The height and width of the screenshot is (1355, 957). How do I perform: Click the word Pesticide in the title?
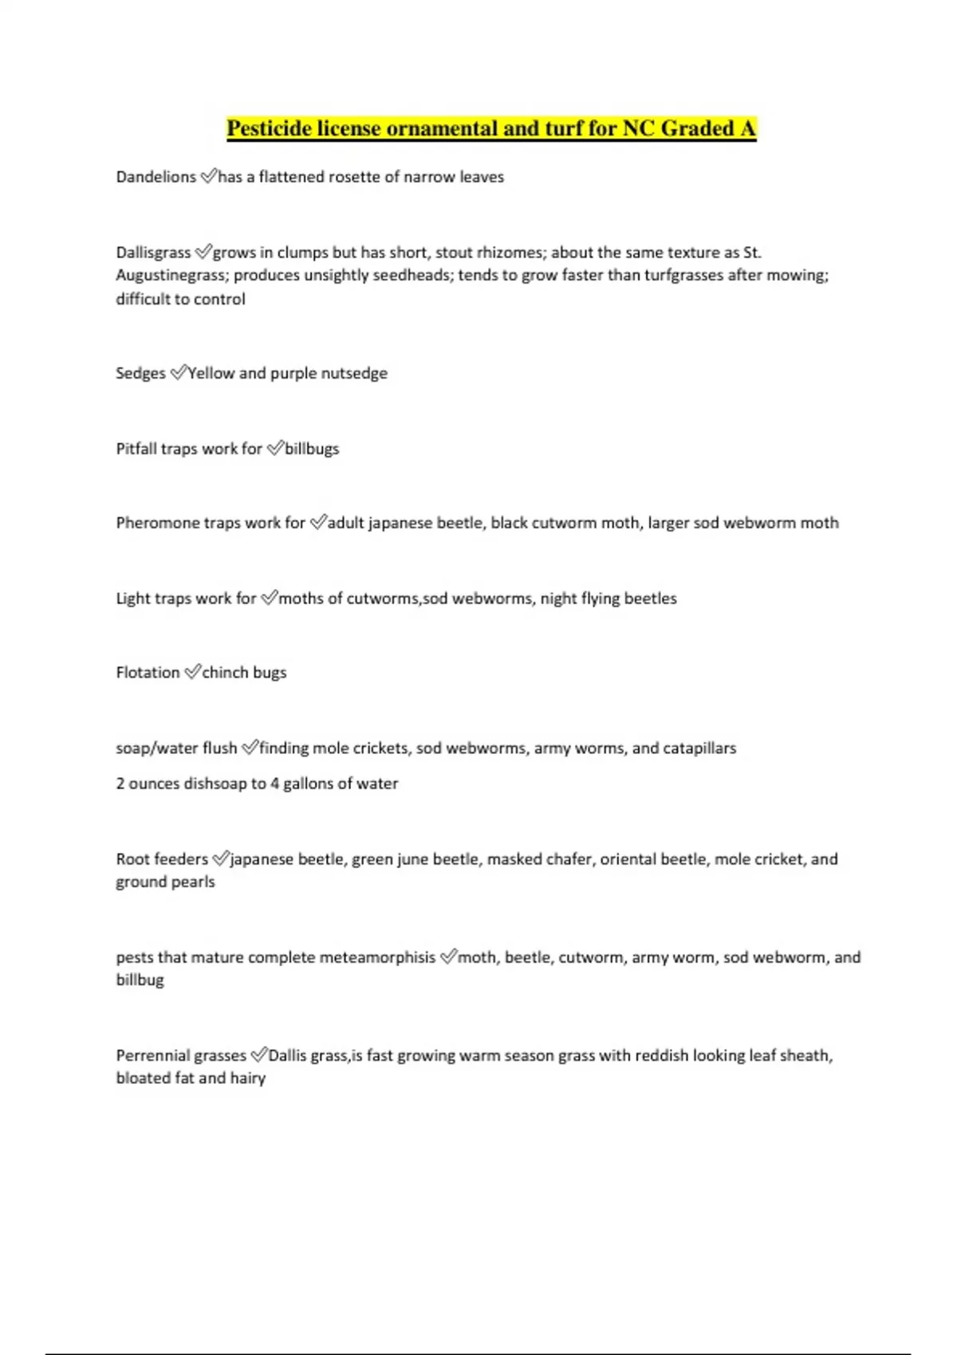(x=269, y=128)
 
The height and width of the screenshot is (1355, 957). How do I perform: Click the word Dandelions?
(x=156, y=177)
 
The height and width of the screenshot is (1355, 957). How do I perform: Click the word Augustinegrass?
(x=171, y=275)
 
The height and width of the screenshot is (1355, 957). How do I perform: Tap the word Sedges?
(x=140, y=373)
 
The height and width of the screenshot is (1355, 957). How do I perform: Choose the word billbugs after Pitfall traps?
(x=312, y=449)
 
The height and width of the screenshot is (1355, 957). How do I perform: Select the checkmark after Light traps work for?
(x=269, y=597)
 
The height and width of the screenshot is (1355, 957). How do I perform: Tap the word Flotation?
(x=148, y=673)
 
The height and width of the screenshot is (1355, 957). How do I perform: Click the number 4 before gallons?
(x=274, y=784)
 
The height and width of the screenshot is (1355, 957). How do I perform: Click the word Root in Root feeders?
(x=132, y=859)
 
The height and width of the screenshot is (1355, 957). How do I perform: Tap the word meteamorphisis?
(x=377, y=957)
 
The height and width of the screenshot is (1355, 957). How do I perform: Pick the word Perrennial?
(x=152, y=1056)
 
